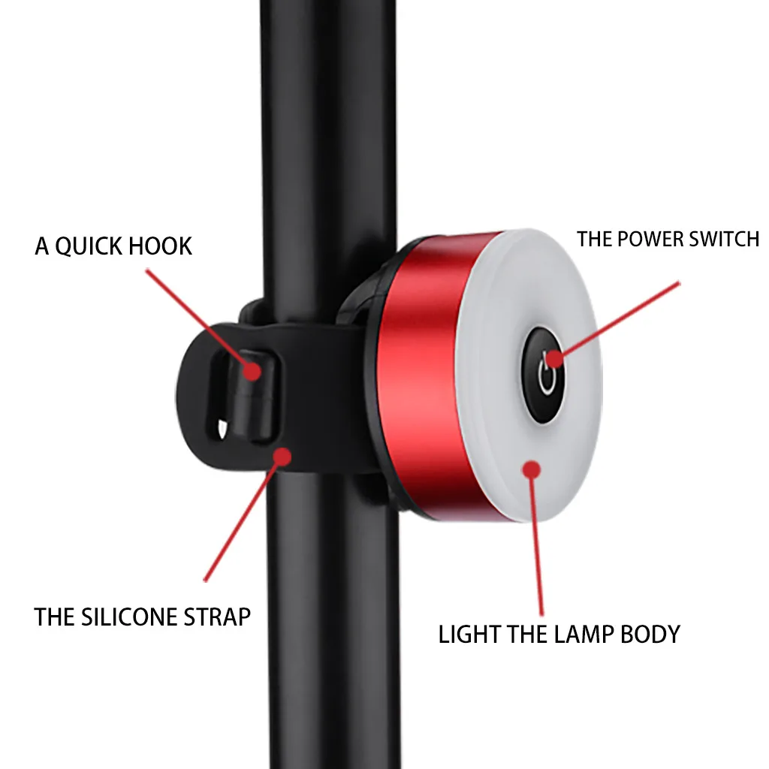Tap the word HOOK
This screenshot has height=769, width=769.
158,246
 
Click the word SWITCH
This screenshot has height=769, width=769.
724,240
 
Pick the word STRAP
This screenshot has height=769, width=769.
217,617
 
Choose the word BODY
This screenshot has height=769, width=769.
650,635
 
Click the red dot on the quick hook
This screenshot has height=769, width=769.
252,371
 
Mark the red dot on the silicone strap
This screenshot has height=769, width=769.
282,457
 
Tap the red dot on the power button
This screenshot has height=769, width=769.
554,358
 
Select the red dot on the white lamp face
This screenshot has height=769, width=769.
531,470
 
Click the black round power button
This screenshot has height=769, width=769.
543,375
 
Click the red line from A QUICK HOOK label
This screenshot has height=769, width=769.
199,320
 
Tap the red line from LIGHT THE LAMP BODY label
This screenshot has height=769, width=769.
537,543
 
